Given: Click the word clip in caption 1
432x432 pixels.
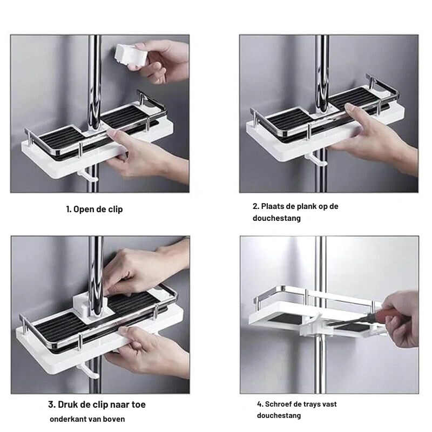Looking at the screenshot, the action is click(116, 210).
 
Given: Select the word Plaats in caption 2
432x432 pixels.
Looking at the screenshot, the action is click(271, 206).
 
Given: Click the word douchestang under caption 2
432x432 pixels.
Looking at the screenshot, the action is click(276, 218).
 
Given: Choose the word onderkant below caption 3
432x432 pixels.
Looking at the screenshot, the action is click(65, 420).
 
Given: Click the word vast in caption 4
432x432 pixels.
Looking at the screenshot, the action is click(329, 404).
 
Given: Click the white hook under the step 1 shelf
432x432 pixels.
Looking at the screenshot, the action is click(87, 176).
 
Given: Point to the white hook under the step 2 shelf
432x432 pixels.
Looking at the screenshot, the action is click(315, 159).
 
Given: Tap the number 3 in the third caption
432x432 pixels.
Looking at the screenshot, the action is click(51, 404).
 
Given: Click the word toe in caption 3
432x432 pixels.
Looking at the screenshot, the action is click(139, 404).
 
